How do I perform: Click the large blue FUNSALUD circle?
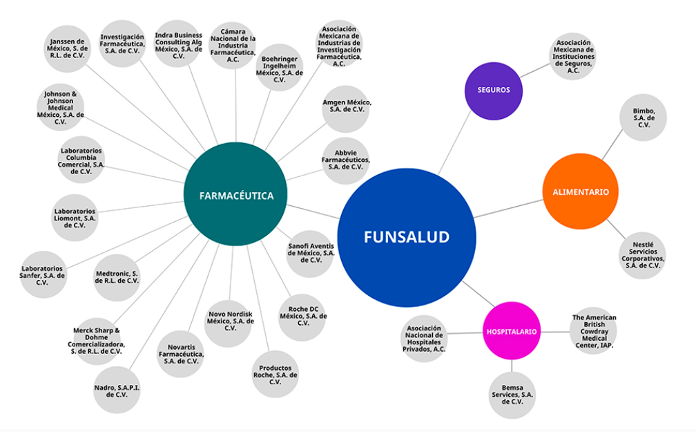(407, 237)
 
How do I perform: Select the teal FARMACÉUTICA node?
(236, 195)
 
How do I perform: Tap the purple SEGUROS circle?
(493, 91)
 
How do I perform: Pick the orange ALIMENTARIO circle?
(580, 191)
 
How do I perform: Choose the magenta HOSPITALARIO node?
(511, 331)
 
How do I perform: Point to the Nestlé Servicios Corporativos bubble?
(642, 255)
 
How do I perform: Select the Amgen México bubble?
(346, 107)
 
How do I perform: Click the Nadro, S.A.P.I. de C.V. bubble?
(117, 391)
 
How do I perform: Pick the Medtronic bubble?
(117, 278)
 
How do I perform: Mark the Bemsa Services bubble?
(512, 395)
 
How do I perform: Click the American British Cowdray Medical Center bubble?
(593, 331)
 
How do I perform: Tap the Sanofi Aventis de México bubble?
(311, 254)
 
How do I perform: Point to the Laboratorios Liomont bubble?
(75, 218)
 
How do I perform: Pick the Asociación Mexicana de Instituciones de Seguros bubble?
(573, 56)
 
